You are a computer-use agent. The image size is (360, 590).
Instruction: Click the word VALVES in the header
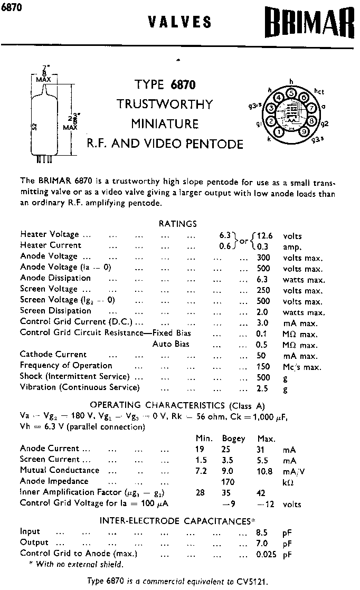pyautogui.click(x=180, y=22)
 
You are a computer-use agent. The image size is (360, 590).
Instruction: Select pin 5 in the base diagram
pyautogui.click(x=291, y=93)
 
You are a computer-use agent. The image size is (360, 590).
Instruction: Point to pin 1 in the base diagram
pyautogui.click(x=279, y=132)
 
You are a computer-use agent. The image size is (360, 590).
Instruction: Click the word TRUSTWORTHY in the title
pyautogui.click(x=165, y=103)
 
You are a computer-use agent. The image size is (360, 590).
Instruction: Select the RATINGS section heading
pyautogui.click(x=178, y=224)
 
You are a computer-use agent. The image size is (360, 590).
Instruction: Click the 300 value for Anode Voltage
pyautogui.click(x=263, y=258)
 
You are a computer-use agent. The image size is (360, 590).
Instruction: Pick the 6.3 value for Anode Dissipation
pyautogui.click(x=262, y=280)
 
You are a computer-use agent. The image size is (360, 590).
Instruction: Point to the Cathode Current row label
pyautogui.click(x=53, y=355)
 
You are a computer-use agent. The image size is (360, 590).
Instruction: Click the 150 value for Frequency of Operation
pyautogui.click(x=263, y=366)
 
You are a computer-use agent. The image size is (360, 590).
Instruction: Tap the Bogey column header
pyautogui.click(x=233, y=439)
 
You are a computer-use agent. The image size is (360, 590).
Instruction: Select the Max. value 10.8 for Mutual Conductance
pyautogui.click(x=264, y=471)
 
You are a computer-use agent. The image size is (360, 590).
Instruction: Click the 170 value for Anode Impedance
pyautogui.click(x=228, y=482)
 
